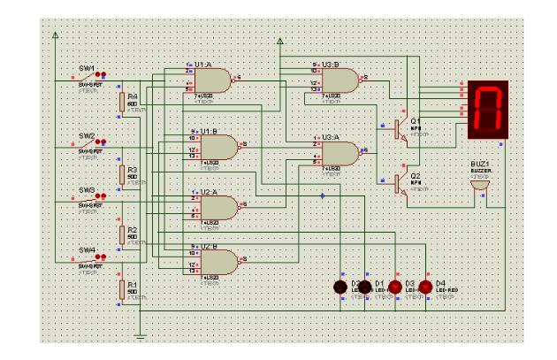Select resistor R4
pos(122,103)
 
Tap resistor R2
pos(122,233)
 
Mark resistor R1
pos(122,289)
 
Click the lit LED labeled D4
pos(424,287)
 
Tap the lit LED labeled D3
pos(395,287)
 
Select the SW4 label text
pos(87,249)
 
